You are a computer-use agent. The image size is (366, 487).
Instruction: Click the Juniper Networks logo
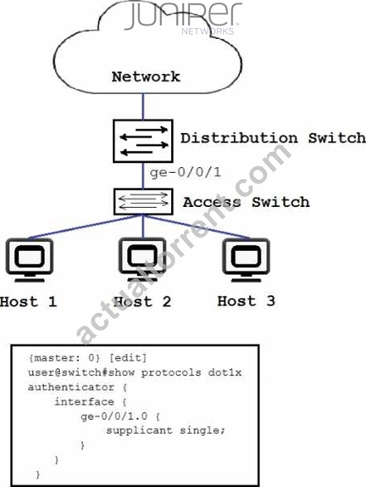click(x=184, y=18)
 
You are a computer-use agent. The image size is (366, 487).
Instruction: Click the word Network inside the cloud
click(x=146, y=76)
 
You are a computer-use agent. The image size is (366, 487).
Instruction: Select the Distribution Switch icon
click(x=143, y=141)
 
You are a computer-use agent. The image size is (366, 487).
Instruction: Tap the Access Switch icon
click(x=143, y=202)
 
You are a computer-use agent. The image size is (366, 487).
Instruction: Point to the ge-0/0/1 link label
click(x=186, y=172)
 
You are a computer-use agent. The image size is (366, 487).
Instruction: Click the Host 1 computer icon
click(x=30, y=260)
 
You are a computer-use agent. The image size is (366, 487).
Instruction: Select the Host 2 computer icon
click(x=142, y=260)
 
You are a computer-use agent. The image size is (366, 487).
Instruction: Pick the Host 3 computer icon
click(x=246, y=260)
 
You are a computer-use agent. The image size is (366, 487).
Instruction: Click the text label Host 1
click(x=29, y=301)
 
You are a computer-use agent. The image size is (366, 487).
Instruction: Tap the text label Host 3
click(x=247, y=301)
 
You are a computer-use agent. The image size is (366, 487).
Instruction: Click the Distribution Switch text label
click(x=273, y=138)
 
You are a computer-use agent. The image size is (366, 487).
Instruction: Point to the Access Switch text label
click(x=247, y=202)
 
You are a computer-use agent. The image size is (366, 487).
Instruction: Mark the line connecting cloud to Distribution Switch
click(x=143, y=107)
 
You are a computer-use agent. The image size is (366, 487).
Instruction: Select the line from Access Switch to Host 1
click(x=86, y=227)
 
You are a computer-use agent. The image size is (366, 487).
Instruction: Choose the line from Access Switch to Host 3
click(x=197, y=227)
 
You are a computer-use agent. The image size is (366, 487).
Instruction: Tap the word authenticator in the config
click(x=71, y=387)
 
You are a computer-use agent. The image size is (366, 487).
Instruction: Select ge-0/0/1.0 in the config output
click(x=114, y=417)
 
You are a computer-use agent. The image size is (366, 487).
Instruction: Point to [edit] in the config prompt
click(x=128, y=358)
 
